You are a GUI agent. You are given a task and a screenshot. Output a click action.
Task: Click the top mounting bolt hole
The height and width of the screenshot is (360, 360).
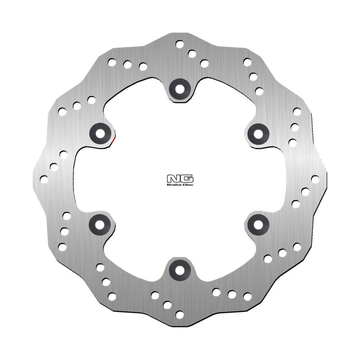[x=180, y=89]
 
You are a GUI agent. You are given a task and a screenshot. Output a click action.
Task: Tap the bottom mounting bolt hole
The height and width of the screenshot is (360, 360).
[x=180, y=270]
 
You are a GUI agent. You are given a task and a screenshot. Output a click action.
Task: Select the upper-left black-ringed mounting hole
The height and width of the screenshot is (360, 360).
[x=99, y=132]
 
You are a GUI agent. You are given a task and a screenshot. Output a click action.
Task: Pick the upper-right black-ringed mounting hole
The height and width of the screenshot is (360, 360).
[x=258, y=132]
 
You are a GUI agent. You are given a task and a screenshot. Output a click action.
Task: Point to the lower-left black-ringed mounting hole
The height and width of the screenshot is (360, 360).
[x=99, y=224]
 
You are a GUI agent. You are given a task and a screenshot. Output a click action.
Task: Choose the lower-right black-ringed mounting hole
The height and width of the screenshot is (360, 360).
[x=258, y=223]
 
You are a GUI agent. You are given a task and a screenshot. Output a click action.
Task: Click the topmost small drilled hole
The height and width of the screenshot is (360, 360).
[x=180, y=44]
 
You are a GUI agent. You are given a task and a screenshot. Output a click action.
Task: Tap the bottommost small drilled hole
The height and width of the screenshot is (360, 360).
[x=180, y=315]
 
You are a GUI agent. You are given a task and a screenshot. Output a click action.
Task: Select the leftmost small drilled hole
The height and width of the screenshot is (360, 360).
[x=44, y=179]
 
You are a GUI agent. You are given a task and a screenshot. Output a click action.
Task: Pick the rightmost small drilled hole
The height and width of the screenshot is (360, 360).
[x=315, y=179]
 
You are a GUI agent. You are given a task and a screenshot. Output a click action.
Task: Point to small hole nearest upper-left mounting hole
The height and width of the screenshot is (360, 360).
[x=91, y=100]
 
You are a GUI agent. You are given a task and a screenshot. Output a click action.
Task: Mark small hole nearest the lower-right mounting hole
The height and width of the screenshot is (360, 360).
[x=268, y=259]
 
